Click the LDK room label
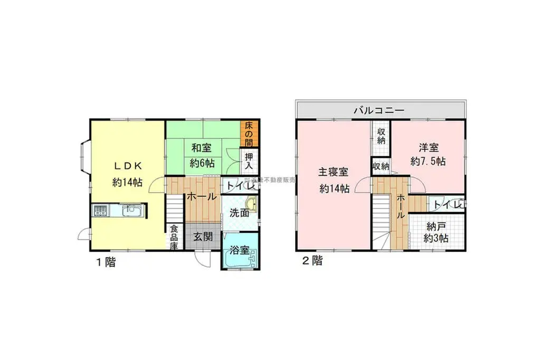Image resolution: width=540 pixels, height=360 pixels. click(x=127, y=165)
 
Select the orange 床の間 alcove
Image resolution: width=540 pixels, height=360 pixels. click(x=249, y=134)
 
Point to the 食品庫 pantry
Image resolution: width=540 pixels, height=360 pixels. click(x=174, y=237)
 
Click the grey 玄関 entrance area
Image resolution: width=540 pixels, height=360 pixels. click(x=202, y=236)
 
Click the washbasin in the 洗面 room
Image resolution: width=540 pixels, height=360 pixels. click(x=252, y=204)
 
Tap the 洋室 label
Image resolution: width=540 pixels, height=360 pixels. click(x=428, y=148)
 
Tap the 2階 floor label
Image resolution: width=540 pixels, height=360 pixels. click(x=311, y=261)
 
